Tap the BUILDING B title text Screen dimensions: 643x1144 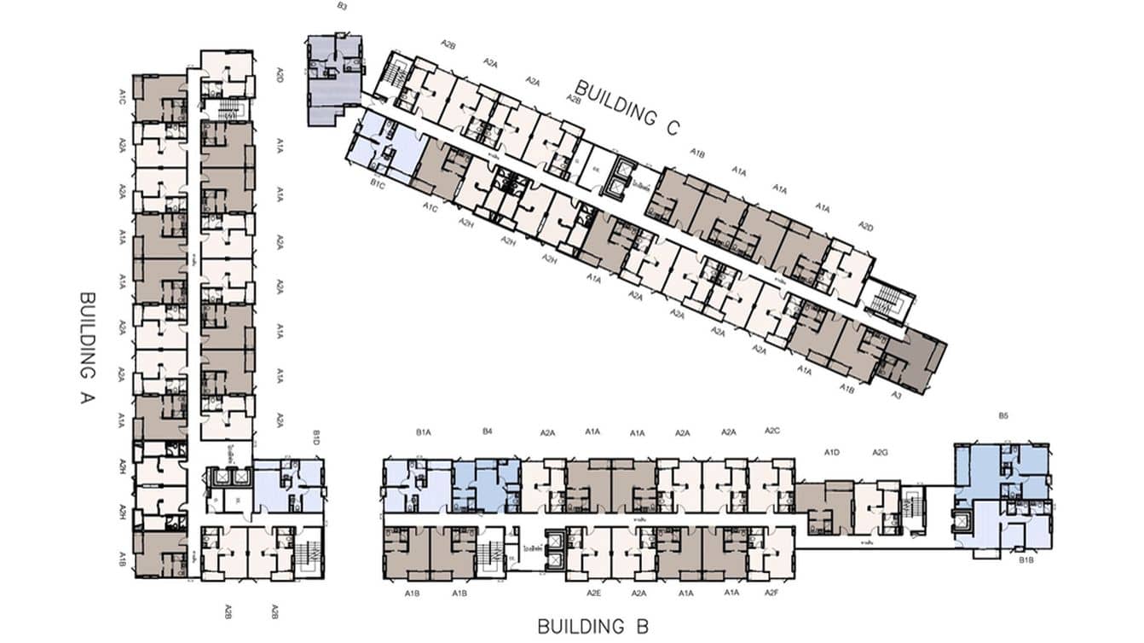pyautogui.click(x=592, y=627)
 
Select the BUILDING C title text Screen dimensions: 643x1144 pyautogui.click(x=627, y=107)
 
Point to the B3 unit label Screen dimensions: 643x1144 pyautogui.click(x=342, y=7)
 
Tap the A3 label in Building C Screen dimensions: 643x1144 pyautogui.click(x=897, y=396)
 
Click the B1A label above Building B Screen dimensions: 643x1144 pyautogui.click(x=424, y=433)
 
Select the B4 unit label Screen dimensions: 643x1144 pyautogui.click(x=487, y=432)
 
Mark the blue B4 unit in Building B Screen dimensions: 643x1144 pyautogui.click(x=488, y=486)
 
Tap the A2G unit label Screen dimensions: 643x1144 pyautogui.click(x=881, y=452)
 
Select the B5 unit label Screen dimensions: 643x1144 pyautogui.click(x=1003, y=416)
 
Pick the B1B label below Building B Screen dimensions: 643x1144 pyautogui.click(x=1027, y=560)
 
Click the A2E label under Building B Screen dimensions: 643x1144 pyautogui.click(x=594, y=593)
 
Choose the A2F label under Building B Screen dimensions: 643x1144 pyautogui.click(x=771, y=592)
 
